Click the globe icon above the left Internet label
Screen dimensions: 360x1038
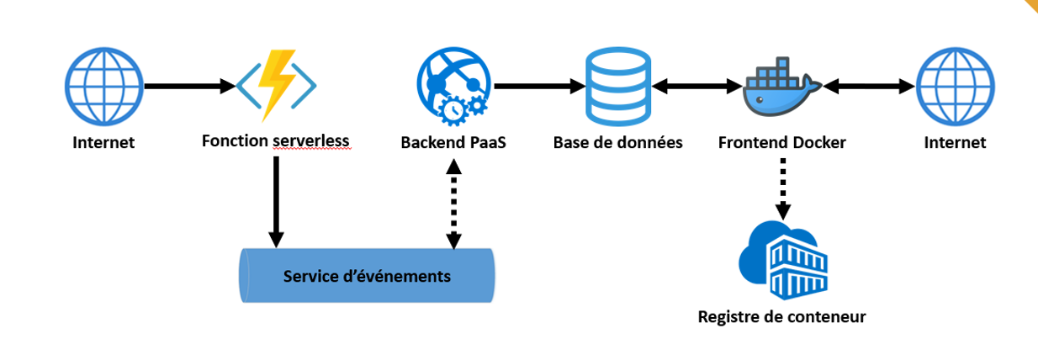[x=102, y=85]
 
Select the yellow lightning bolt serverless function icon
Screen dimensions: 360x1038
[x=276, y=85]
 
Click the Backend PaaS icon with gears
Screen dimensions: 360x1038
[x=453, y=85]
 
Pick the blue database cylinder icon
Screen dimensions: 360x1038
[x=618, y=85]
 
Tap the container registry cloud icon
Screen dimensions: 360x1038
[x=782, y=257]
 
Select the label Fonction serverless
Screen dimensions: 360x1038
[x=276, y=141]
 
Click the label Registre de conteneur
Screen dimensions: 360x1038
[x=781, y=317]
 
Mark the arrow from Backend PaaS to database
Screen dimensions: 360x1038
[x=539, y=86]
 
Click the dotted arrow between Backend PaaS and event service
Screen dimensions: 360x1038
[x=453, y=204]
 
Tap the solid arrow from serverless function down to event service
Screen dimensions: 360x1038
[x=276, y=202]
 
